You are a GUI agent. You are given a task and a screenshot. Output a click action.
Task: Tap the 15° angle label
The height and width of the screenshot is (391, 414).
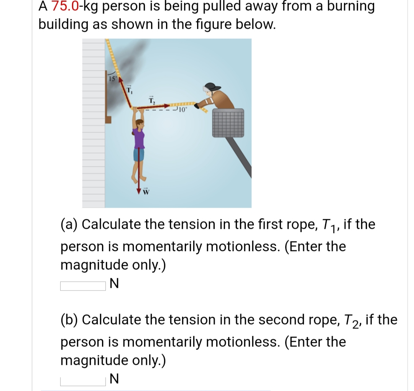click(111, 79)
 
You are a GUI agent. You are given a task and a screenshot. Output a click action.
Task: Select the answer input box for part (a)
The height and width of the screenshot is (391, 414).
click(82, 286)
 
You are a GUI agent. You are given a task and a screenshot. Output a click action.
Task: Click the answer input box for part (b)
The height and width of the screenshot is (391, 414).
click(82, 381)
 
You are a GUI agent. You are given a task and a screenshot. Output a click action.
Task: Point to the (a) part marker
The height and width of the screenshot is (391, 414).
click(70, 224)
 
